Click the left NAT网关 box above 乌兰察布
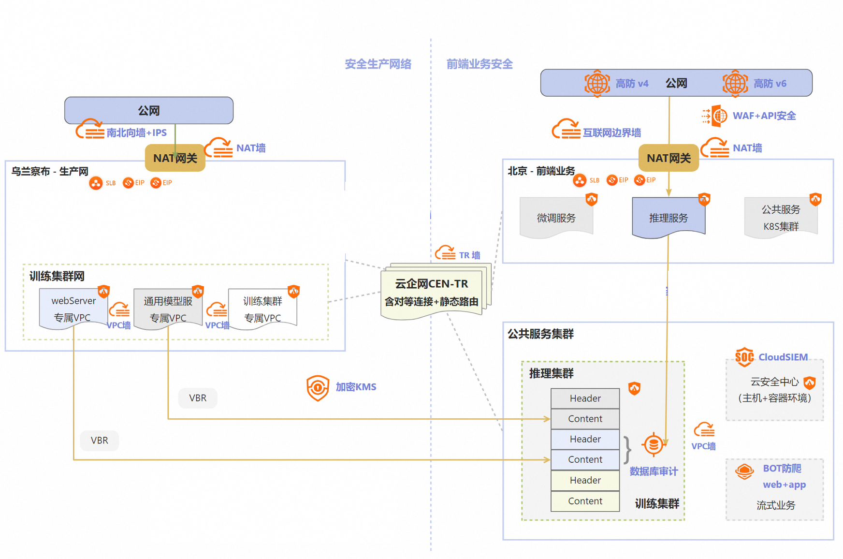click(x=175, y=158)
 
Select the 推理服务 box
click(x=669, y=218)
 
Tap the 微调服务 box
click(x=556, y=218)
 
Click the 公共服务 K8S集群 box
click(x=781, y=218)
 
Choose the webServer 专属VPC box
click(x=73, y=309)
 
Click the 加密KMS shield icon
click(x=318, y=388)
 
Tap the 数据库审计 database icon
click(x=653, y=444)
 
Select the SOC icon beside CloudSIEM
click(x=744, y=357)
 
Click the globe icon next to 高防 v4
click(x=597, y=83)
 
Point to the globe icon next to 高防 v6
click(x=735, y=83)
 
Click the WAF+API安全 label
click(x=764, y=116)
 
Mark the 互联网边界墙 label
click(x=611, y=132)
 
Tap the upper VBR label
click(x=198, y=398)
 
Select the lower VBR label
click(x=100, y=441)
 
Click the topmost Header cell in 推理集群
click(x=585, y=398)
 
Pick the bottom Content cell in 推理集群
click(x=585, y=501)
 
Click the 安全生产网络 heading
click(x=378, y=64)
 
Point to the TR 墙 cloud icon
click(x=445, y=253)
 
